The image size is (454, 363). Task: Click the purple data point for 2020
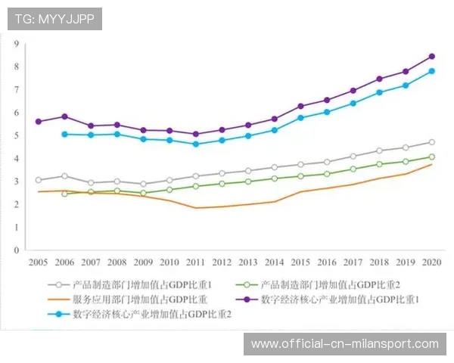point(431,56)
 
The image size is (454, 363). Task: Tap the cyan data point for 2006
point(64,134)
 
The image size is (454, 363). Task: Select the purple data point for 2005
point(39,121)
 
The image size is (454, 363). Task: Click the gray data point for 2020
point(431,142)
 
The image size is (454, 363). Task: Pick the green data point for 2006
point(64,194)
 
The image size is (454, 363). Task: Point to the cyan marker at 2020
point(431,71)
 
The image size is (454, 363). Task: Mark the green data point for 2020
point(431,157)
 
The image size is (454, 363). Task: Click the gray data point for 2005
point(39,180)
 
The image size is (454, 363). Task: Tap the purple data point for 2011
point(195,134)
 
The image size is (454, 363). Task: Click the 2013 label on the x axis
point(247,262)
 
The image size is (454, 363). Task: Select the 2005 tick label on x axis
point(39,262)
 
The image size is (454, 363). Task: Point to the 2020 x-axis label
point(431,262)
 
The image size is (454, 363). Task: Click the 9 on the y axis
point(16,44)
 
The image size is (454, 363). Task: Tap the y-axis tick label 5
point(16,135)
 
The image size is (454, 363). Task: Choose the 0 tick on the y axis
point(16,250)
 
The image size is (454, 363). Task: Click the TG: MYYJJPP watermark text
point(54,19)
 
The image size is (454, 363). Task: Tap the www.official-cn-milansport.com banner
point(344,344)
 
